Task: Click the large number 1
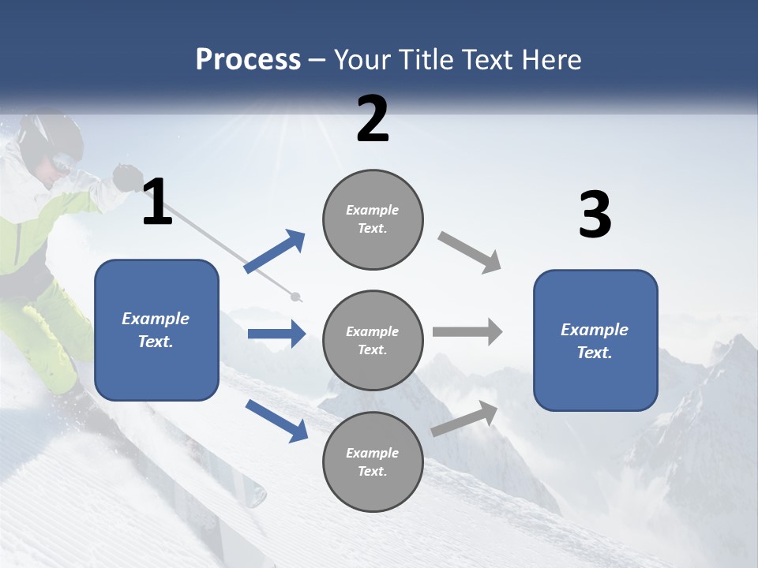coord(157,203)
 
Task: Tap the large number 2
coord(373,119)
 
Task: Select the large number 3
coord(595,215)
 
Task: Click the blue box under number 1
coord(156,330)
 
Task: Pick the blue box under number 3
coord(595,340)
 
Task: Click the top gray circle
coord(373,219)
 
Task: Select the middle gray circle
coord(373,340)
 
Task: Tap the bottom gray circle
coord(373,461)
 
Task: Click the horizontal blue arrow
coord(276,334)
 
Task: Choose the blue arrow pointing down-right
coord(276,420)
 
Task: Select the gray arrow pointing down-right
coord(470,252)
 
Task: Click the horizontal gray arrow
coord(467,332)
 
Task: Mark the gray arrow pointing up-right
coord(464,419)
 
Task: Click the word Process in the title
coord(248,59)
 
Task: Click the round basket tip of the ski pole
coord(296,297)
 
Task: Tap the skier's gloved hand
coord(126,177)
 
